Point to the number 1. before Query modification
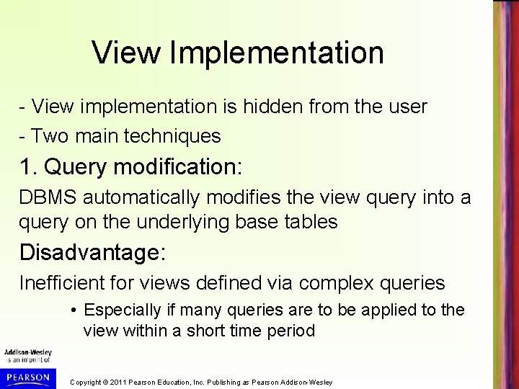(x=29, y=168)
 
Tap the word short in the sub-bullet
(x=253, y=331)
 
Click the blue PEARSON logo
(x=27, y=377)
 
